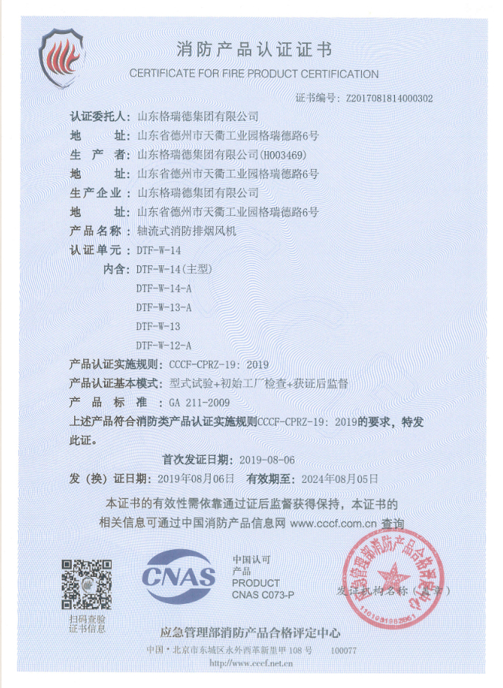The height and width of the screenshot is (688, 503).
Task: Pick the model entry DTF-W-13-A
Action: (163, 307)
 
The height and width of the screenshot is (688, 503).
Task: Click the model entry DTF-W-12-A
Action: (163, 345)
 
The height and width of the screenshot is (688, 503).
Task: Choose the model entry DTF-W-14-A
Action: (163, 288)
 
